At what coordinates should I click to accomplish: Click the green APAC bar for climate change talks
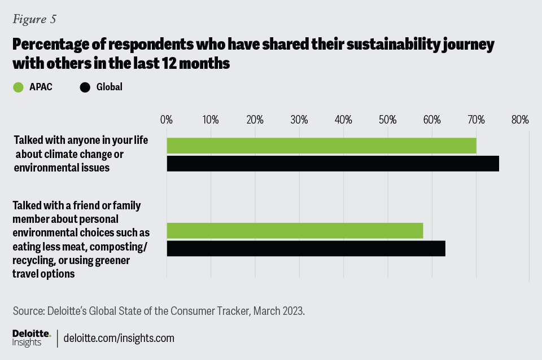tap(321, 146)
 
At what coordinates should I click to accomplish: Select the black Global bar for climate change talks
tap(333, 164)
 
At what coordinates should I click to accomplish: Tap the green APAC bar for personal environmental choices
tap(295, 231)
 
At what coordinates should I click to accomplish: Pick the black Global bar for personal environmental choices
tap(306, 249)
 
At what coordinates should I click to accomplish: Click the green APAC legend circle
tap(18, 87)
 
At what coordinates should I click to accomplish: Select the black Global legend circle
tap(85, 87)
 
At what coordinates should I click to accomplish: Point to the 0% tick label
tap(167, 120)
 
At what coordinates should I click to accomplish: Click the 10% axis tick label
tap(211, 120)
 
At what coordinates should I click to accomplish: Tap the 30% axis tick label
tap(299, 120)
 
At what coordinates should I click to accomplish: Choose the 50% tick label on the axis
tap(387, 120)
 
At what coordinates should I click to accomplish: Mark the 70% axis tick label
tap(476, 120)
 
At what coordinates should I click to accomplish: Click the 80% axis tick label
tap(520, 120)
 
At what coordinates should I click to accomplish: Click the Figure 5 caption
tap(34, 19)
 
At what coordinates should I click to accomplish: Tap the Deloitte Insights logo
tap(32, 338)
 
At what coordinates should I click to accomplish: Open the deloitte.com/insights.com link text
tap(119, 339)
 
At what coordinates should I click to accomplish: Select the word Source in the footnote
tap(27, 311)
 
